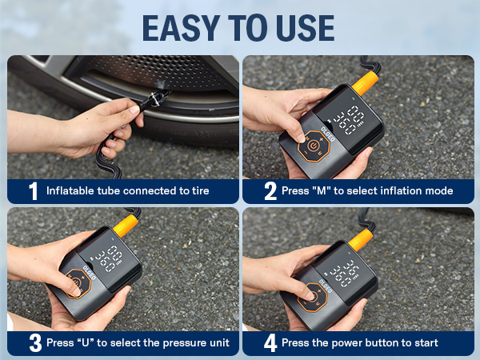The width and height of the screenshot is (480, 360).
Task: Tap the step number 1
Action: click(x=33, y=191)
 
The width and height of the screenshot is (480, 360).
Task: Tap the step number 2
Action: click(x=270, y=191)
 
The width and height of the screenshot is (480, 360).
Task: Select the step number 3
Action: click(x=34, y=343)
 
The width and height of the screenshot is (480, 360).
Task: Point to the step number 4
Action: click(x=270, y=343)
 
